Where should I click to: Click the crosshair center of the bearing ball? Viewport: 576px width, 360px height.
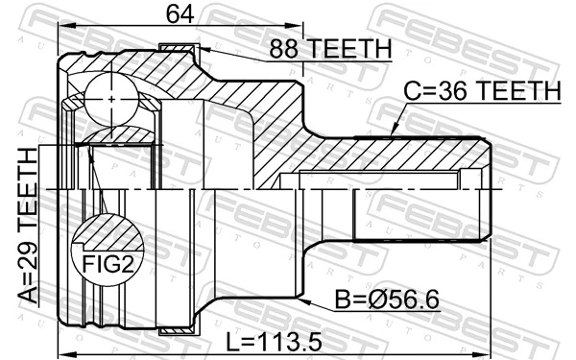coord(112,98)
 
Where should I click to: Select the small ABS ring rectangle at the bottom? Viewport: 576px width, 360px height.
coord(177,330)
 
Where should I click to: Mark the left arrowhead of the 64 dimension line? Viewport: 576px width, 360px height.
coord(62,28)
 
